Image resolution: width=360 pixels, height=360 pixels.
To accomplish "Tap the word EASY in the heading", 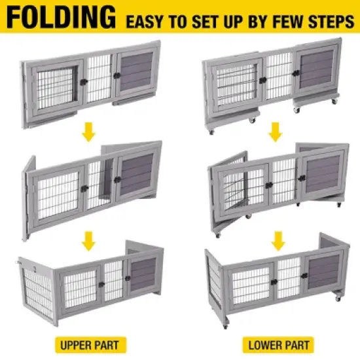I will pos(145,21).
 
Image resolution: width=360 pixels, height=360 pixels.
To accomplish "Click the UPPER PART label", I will pos(89,344).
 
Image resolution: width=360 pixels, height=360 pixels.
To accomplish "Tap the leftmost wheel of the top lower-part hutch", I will pos(211,131).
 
